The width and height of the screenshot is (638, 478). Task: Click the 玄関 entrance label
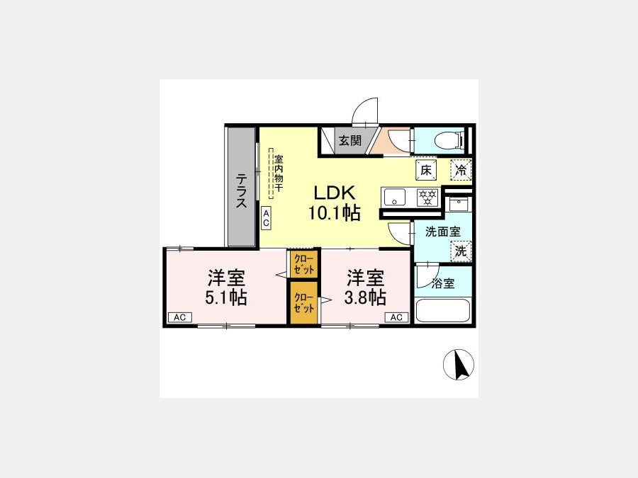[350, 141]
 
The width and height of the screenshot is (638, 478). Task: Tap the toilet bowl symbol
[449, 141]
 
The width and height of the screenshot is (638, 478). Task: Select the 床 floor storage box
[426, 170]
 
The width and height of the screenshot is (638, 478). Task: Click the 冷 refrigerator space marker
[461, 170]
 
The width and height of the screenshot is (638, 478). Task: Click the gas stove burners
[427, 198]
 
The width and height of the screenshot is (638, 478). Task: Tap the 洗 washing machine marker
[461, 251]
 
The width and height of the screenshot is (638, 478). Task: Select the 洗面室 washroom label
[442, 232]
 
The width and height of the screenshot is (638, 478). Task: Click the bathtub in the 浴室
[443, 311]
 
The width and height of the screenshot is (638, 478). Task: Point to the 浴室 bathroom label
[443, 283]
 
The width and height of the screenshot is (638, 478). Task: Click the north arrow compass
[459, 365]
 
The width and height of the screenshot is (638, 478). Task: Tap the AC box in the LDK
[266, 218]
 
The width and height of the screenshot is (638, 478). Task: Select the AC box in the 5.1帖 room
[180, 317]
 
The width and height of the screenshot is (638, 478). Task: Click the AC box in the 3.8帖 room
[396, 317]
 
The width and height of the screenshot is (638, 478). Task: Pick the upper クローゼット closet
[304, 264]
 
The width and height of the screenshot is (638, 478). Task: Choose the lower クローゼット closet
[304, 303]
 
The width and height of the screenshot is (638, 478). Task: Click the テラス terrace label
[242, 191]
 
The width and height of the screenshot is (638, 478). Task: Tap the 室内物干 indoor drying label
[279, 173]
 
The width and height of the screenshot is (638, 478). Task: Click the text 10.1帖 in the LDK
[334, 212]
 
